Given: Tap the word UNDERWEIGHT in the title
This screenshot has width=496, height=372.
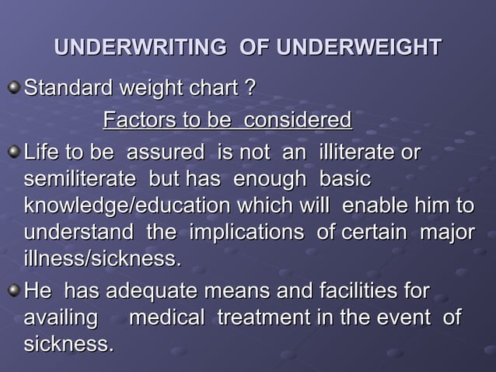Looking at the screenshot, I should click(359, 47).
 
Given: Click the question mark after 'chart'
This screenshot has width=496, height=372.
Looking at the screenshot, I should click(250, 89).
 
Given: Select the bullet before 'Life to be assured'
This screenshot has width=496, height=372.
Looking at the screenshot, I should click(13, 150).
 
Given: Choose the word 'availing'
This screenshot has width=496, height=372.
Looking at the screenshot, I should click(61, 318).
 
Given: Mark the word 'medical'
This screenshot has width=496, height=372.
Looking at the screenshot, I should click(167, 318).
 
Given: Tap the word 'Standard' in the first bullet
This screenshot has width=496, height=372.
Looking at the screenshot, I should click(68, 89).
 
